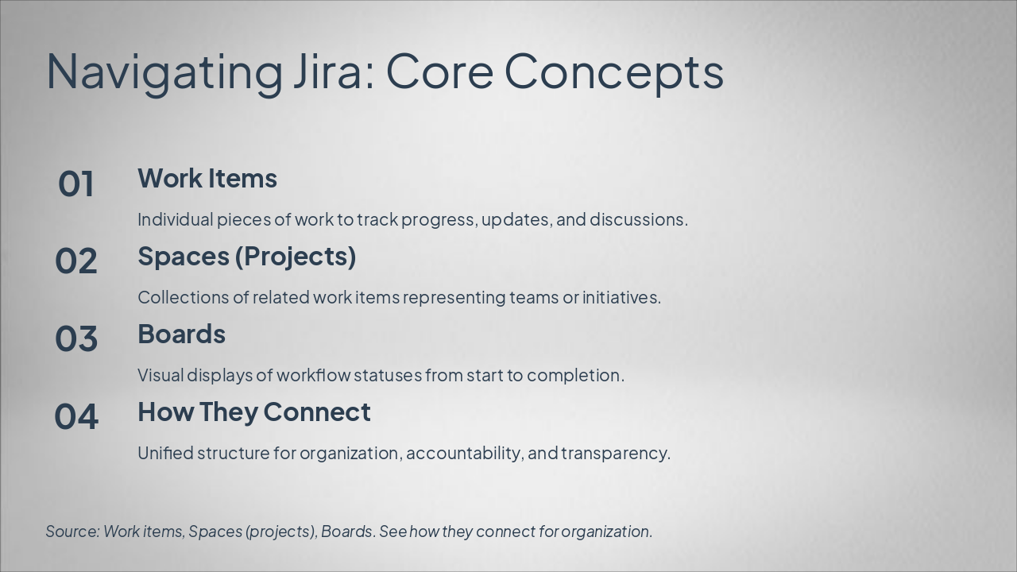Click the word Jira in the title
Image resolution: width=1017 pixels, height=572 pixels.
[334, 71]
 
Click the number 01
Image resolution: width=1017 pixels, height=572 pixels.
[75, 184]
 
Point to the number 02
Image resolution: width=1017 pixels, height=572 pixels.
[75, 261]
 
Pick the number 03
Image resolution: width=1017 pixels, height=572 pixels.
[75, 338]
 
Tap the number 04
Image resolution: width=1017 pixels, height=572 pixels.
[75, 417]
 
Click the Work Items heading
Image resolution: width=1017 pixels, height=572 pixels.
[207, 178]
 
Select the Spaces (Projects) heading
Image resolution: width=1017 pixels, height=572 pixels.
[247, 257]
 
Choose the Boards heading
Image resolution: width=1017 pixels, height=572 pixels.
[182, 334]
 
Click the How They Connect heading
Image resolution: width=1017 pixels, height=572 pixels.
[254, 412]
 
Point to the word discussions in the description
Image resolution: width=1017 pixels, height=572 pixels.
[639, 219]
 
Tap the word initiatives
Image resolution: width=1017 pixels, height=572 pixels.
[621, 297]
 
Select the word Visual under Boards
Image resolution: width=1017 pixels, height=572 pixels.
[160, 375]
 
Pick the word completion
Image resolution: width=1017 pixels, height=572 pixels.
[575, 376]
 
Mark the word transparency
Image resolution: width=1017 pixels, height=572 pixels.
[616, 454]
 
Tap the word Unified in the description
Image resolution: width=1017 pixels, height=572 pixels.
[166, 453]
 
